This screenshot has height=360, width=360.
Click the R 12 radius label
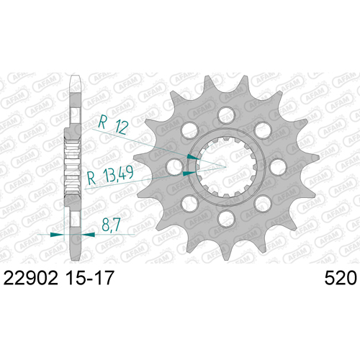tap(113, 125)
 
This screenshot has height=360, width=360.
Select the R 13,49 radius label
tap(110, 176)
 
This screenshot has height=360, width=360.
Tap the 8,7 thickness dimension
tap(111, 225)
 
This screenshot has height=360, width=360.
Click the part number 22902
tap(31, 278)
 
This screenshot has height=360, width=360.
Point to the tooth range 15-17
tap(89, 278)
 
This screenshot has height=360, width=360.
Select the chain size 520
tap(341, 278)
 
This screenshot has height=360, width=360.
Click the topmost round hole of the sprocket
tap(226, 114)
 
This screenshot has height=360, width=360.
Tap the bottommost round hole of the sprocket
tap(226, 218)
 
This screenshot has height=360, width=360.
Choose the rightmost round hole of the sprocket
tap(278, 166)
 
